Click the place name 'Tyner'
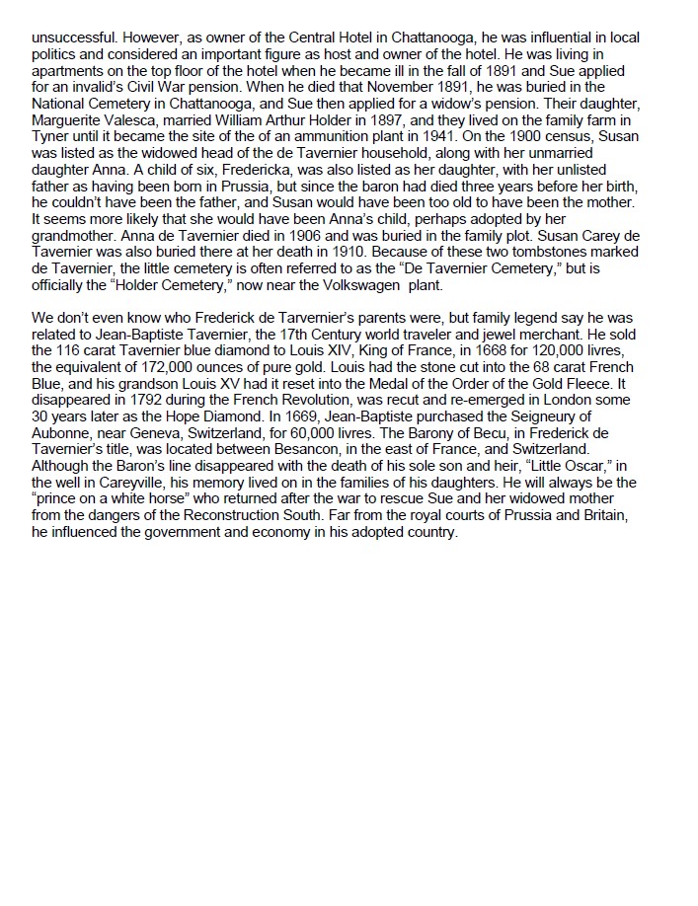[x=49, y=133]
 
